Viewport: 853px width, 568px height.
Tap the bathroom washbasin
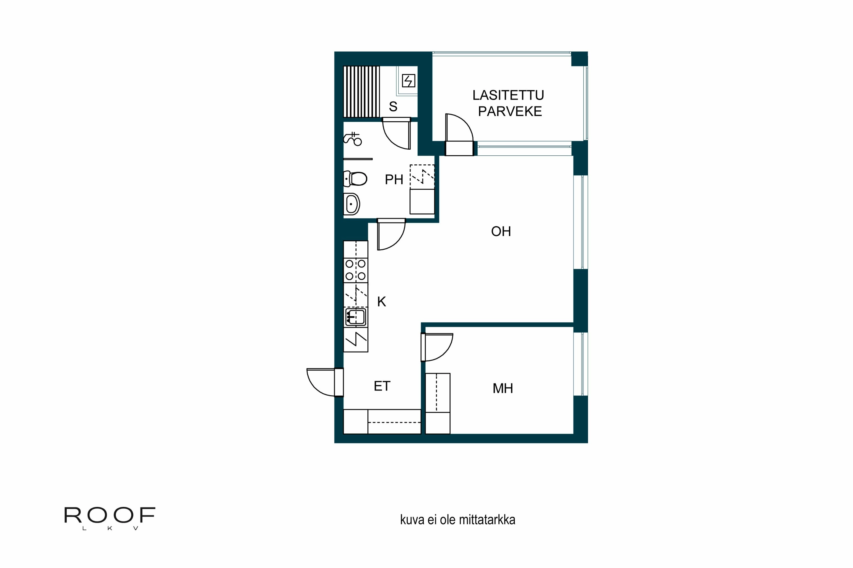(x=351, y=204)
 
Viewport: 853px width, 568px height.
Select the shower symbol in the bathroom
(x=353, y=139)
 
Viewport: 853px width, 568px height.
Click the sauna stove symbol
(x=408, y=81)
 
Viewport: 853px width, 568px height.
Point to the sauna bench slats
(x=361, y=92)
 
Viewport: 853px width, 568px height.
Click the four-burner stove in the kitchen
(x=355, y=270)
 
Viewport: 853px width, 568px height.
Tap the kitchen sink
(x=355, y=317)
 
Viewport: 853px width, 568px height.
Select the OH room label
(x=501, y=231)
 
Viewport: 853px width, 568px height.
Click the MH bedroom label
(x=503, y=388)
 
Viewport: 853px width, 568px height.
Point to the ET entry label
(x=382, y=386)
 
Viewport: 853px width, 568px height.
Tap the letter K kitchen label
(x=382, y=302)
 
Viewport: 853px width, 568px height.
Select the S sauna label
(x=393, y=106)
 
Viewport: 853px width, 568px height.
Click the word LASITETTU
(x=508, y=95)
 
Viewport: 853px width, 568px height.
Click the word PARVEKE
(x=510, y=111)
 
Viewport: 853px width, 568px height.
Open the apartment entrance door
(x=321, y=382)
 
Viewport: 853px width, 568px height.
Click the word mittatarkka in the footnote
(x=487, y=520)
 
